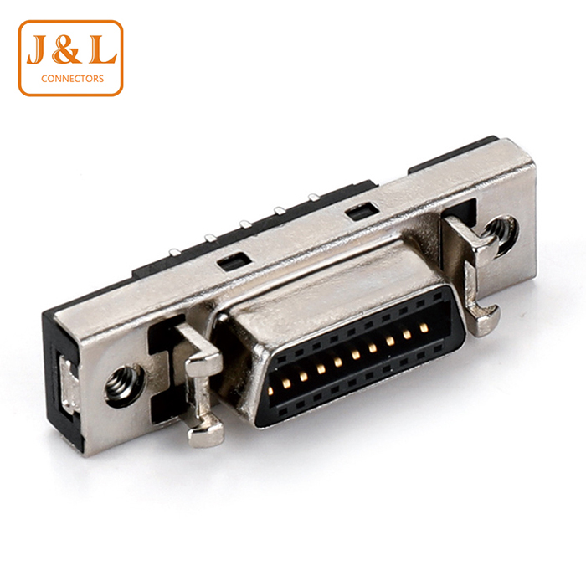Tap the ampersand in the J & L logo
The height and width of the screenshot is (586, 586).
[x=67, y=50]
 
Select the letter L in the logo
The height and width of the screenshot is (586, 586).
[x=102, y=50]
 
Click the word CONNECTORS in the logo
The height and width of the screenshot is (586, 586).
[x=73, y=79]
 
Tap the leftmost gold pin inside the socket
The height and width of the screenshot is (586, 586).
[x=270, y=391]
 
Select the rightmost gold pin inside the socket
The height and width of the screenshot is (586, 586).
[x=423, y=328]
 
